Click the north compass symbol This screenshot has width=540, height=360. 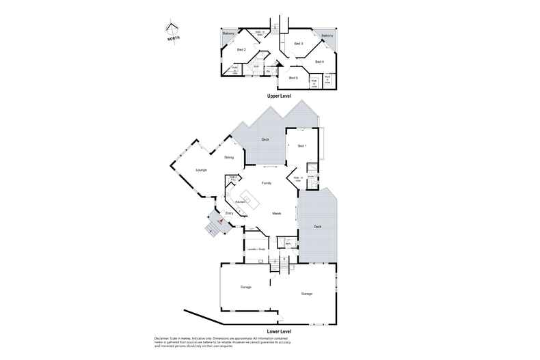(x=172, y=31)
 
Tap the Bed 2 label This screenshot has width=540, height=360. (x=241, y=50)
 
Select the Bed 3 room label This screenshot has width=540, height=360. (x=299, y=44)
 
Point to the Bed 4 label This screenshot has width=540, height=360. (x=319, y=61)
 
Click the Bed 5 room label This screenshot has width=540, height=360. (x=293, y=78)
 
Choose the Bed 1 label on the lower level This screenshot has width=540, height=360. (x=302, y=146)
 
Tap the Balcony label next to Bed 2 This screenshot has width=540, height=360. (x=229, y=33)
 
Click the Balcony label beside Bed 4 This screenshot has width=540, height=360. (x=327, y=36)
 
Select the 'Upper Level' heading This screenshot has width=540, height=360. (x=279, y=96)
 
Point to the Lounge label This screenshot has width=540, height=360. (x=201, y=169)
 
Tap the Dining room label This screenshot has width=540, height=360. (x=229, y=158)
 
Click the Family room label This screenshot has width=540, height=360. (x=267, y=183)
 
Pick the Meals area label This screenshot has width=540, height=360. (x=277, y=214)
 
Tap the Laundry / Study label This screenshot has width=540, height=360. (x=256, y=249)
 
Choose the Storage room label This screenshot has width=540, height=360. (x=306, y=294)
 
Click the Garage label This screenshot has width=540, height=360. (x=246, y=287)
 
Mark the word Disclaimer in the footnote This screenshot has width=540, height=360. (x=162, y=338)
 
